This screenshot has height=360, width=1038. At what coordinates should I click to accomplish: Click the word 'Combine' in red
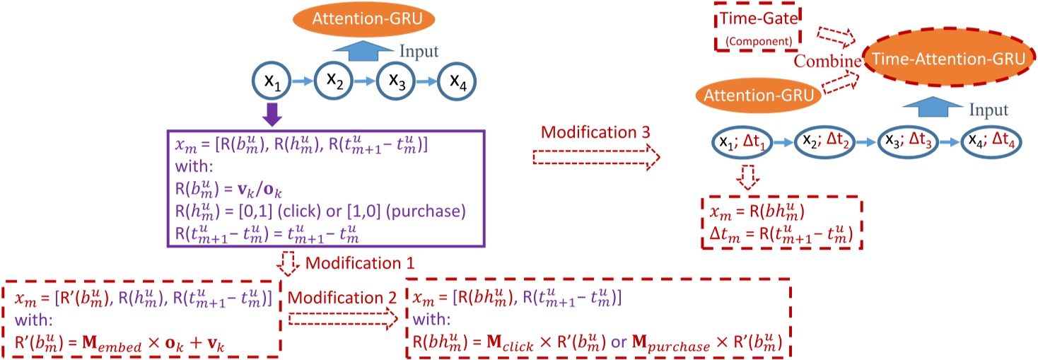point(827,62)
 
